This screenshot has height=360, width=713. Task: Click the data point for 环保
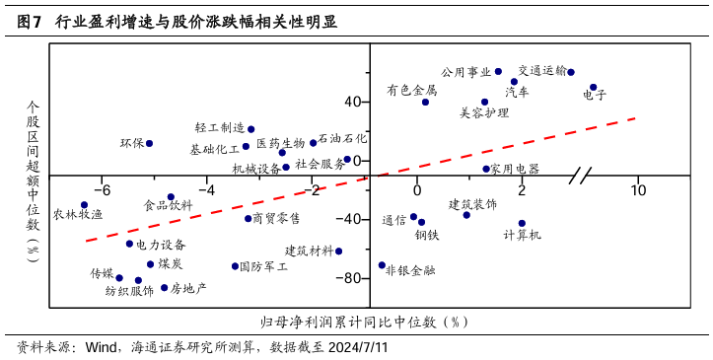[149, 143]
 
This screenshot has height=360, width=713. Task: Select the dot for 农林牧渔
[84, 205]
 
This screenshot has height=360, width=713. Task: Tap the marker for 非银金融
[382, 264]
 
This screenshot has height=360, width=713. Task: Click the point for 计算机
[522, 223]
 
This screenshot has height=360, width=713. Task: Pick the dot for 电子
[593, 87]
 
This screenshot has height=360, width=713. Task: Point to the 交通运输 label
[542, 71]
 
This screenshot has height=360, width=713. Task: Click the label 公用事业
[465, 72]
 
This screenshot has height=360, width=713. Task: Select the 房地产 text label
[188, 288]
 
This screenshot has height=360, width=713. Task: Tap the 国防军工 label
[264, 266]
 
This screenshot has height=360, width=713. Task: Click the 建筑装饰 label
[472, 204]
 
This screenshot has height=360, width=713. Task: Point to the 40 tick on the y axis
[352, 102]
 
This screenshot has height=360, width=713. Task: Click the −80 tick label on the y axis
[349, 278]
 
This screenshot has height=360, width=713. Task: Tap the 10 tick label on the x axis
[638, 189]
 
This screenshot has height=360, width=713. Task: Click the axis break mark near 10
[581, 176]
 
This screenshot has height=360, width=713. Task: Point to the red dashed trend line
[493, 148]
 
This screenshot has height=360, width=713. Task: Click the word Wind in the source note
[102, 347]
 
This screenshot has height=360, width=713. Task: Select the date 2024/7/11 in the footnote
[356, 347]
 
